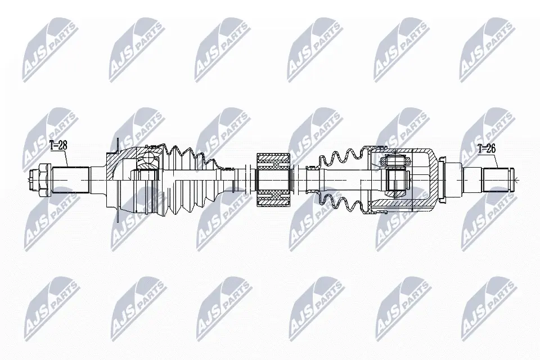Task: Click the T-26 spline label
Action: click(x=487, y=149)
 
